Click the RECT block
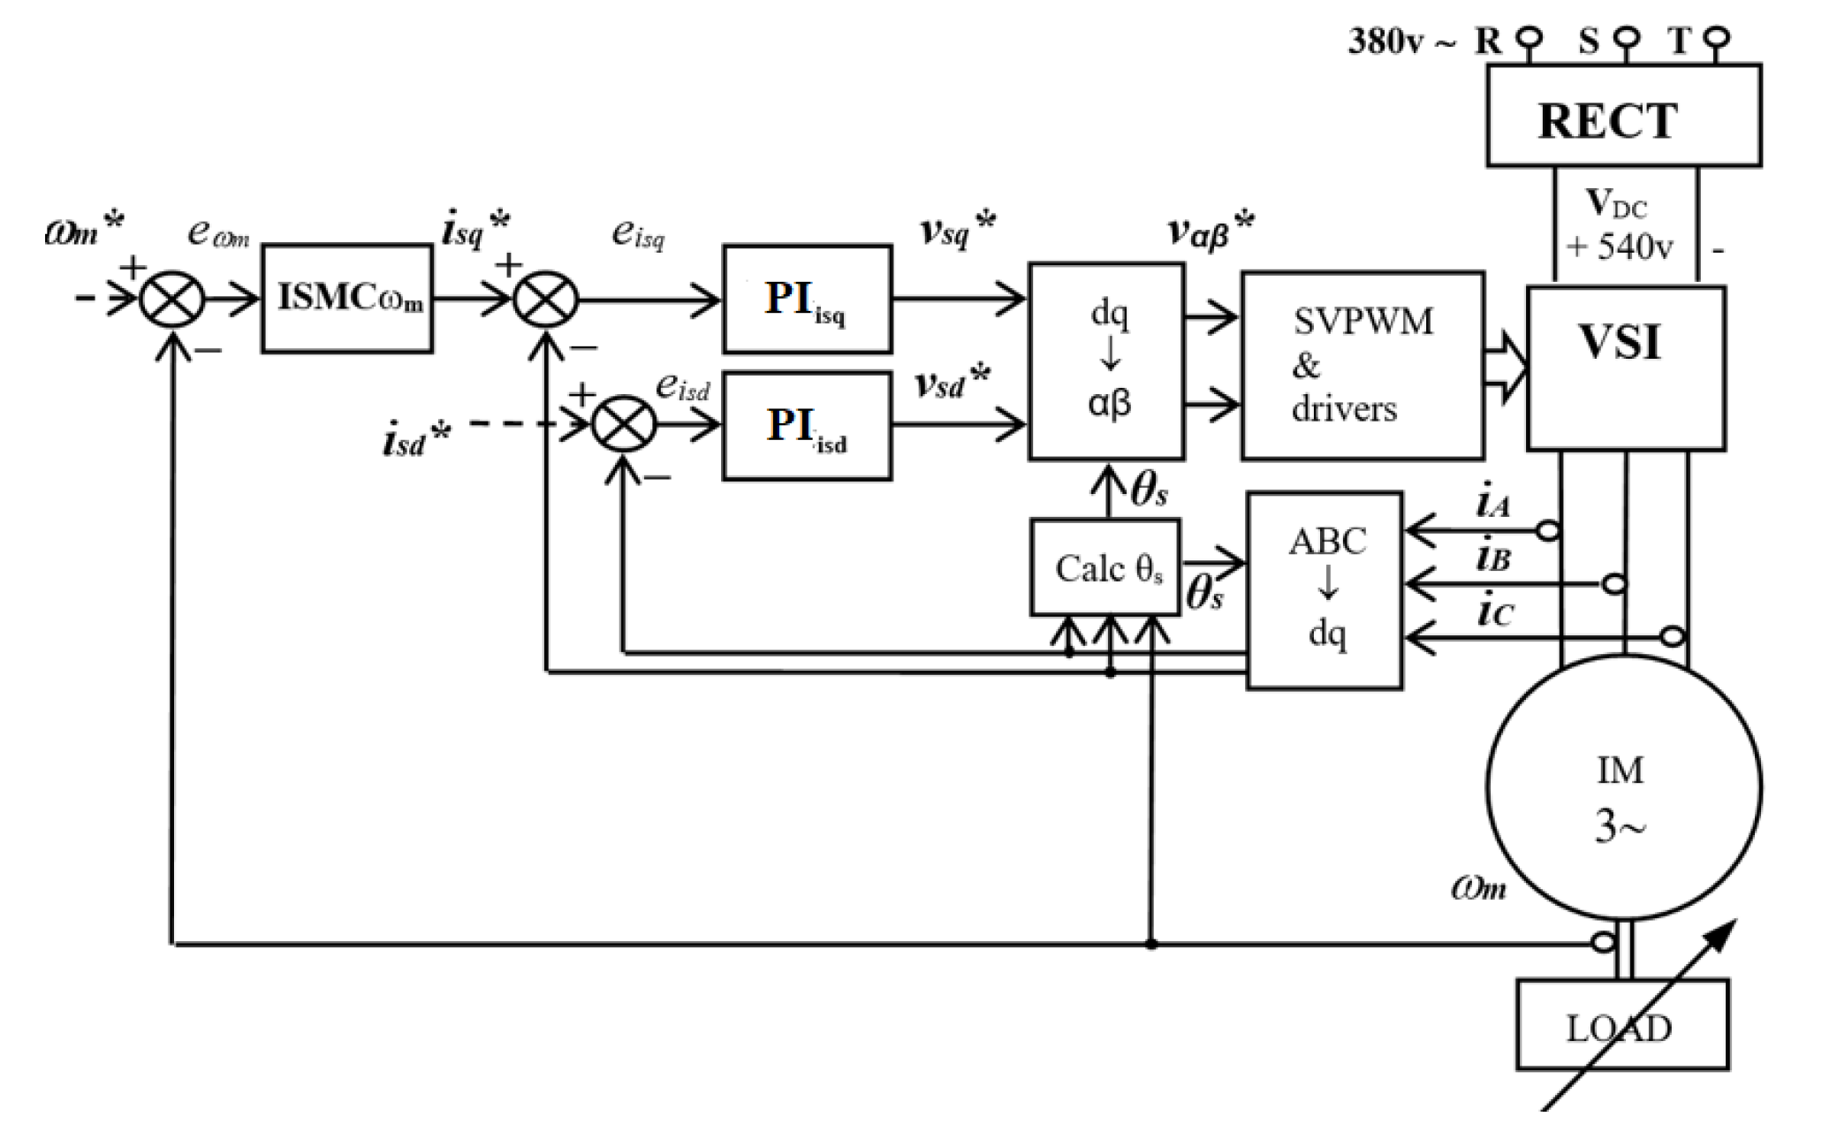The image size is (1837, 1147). [1623, 116]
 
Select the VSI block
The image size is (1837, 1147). [1626, 368]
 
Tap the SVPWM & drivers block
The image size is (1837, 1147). [1362, 366]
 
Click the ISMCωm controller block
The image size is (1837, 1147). [346, 299]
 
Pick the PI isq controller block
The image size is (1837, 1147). [807, 300]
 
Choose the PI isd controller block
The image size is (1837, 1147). [807, 426]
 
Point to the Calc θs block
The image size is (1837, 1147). [1105, 567]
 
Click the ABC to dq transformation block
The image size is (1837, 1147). [1324, 590]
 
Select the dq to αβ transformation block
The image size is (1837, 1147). [1106, 361]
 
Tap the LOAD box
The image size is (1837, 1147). [1622, 1025]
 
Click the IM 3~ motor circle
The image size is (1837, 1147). [1623, 787]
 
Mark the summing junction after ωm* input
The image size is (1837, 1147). [172, 300]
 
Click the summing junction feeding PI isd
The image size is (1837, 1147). [624, 425]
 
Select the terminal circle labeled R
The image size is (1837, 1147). [1530, 38]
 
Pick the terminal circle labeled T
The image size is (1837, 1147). [1717, 38]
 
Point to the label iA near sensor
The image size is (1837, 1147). [1493, 502]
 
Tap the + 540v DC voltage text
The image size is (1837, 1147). [1619, 247]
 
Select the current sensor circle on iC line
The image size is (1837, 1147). [1673, 635]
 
